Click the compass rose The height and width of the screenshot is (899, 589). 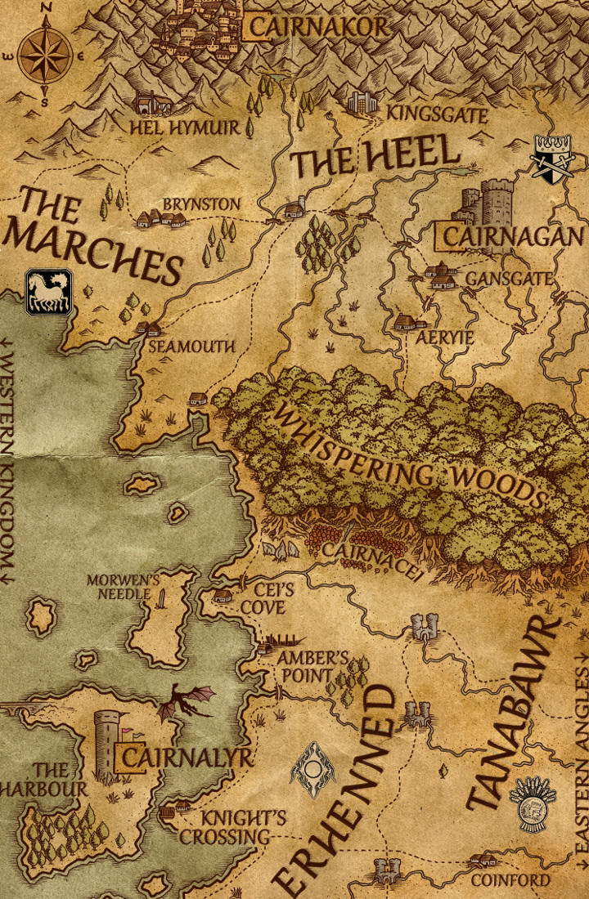[45, 56]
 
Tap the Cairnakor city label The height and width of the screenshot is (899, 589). [319, 27]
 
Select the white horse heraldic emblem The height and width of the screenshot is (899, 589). [48, 292]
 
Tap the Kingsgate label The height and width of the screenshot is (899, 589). [437, 114]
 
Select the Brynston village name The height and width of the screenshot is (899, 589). [201, 204]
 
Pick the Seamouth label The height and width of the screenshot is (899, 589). [191, 347]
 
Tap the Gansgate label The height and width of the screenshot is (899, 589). [508, 280]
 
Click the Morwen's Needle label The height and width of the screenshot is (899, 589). [123, 587]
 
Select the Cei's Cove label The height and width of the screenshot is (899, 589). [263, 599]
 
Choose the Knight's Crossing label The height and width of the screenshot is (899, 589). [225, 827]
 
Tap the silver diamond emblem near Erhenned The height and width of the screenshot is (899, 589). [312, 769]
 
